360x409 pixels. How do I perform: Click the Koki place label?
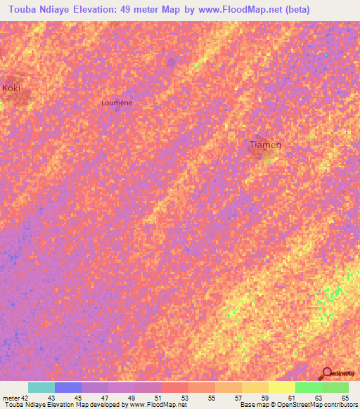pyautogui.click(x=11, y=88)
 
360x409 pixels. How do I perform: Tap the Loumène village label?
pyautogui.click(x=117, y=103)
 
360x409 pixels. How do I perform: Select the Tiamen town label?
pyautogui.click(x=266, y=145)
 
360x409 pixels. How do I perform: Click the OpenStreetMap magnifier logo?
pyautogui.click(x=326, y=372)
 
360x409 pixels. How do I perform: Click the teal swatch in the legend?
pyautogui.click(x=41, y=387)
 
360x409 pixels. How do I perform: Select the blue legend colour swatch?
pyautogui.click(x=68, y=387)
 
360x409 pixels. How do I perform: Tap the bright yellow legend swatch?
pyautogui.click(x=282, y=387)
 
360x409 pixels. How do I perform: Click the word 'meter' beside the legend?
pyautogui.click(x=11, y=399)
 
